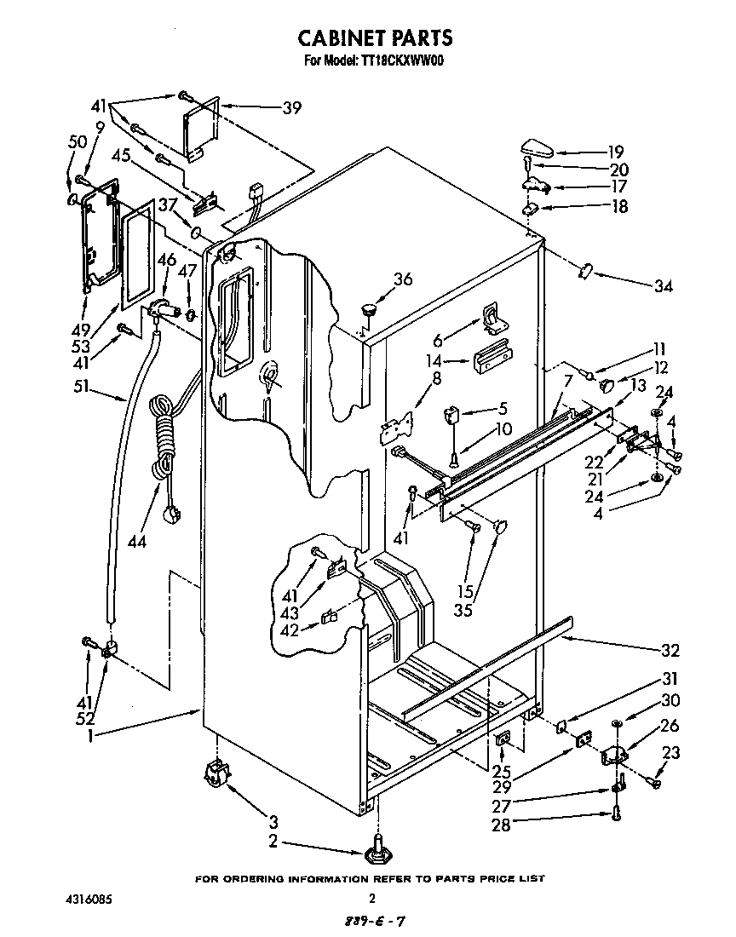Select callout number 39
point(292,107)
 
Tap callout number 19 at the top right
point(616,152)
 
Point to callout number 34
point(663,286)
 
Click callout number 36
point(403,278)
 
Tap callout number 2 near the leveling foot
point(272,842)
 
